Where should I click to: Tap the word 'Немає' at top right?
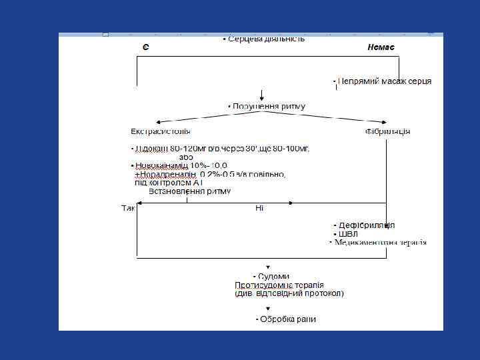click(x=381, y=47)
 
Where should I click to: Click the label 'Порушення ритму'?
click(x=269, y=106)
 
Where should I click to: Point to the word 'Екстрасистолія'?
click(x=160, y=131)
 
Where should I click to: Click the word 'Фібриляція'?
click(x=387, y=131)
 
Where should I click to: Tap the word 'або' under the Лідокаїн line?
click(x=186, y=157)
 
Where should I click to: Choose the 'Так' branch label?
click(x=128, y=209)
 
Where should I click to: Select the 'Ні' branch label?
click(x=259, y=209)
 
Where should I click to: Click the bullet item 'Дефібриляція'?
click(x=367, y=225)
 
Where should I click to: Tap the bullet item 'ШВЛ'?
click(x=348, y=234)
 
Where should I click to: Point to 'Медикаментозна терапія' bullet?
click(x=381, y=243)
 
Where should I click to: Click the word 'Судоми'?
click(x=274, y=276)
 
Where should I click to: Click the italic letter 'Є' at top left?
click(x=145, y=47)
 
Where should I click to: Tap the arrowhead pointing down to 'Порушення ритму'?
click(x=263, y=97)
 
